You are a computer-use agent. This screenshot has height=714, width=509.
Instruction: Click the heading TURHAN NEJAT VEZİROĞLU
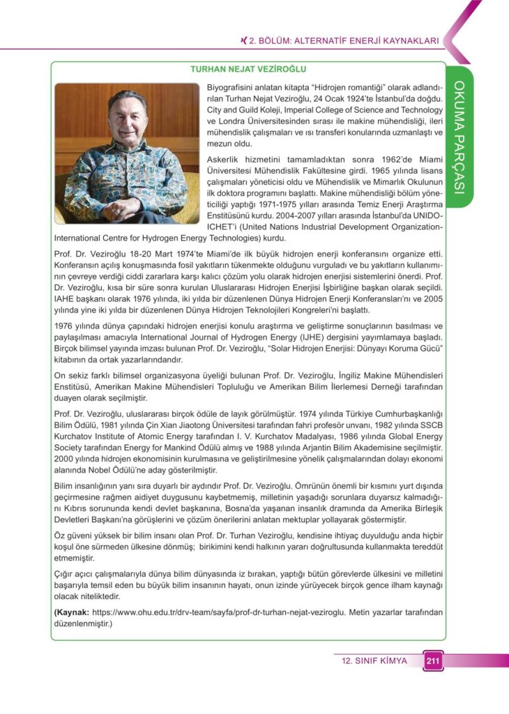(x=249, y=69)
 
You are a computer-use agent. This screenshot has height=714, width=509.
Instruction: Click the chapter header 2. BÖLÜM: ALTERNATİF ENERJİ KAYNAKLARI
(x=339, y=41)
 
